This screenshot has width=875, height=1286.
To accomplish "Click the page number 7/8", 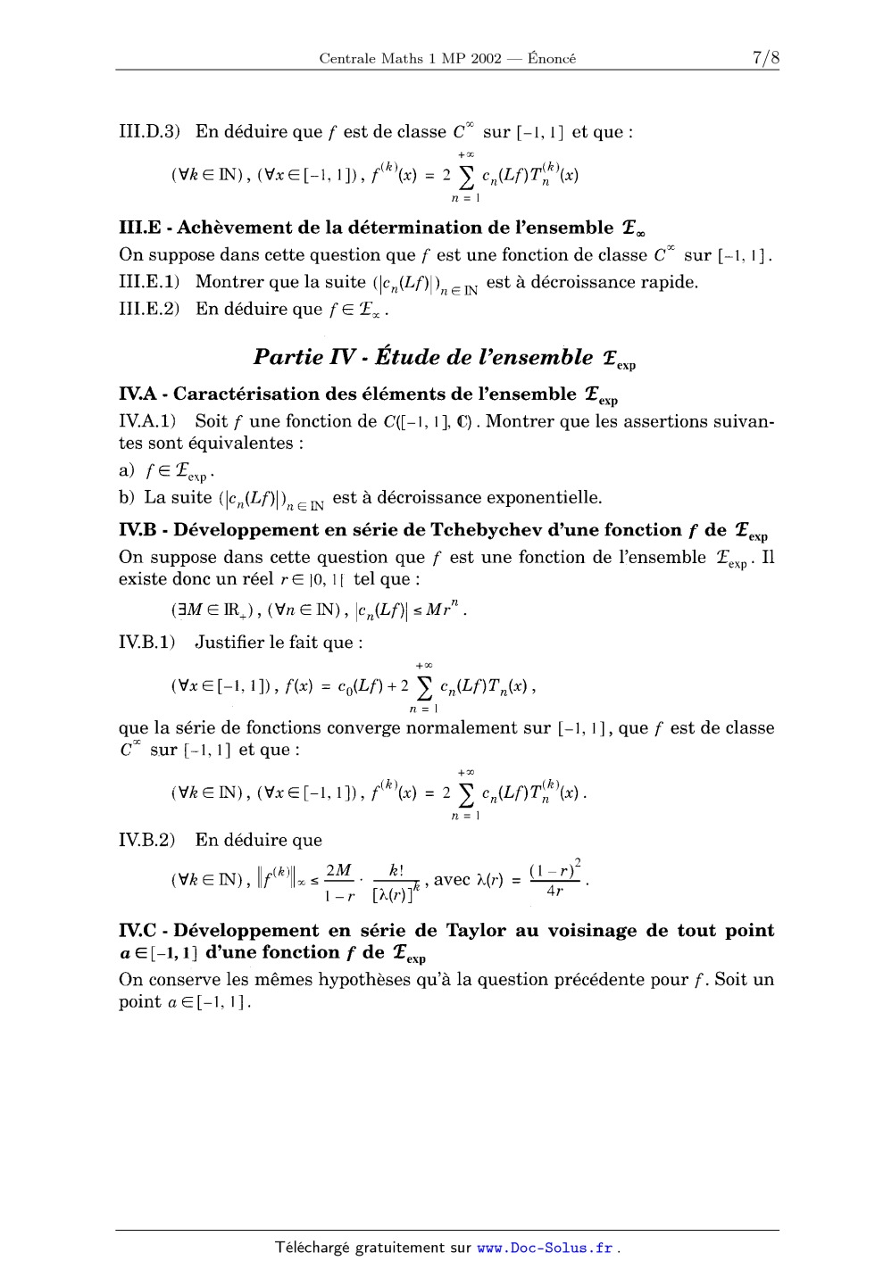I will (766, 59).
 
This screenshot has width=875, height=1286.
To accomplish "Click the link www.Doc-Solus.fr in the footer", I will (545, 1248).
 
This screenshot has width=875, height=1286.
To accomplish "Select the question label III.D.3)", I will (150, 132).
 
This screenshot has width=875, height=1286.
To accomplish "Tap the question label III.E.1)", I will (150, 282).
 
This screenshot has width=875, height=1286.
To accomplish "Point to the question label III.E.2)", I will (150, 309).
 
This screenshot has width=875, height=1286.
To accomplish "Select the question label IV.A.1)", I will (148, 421).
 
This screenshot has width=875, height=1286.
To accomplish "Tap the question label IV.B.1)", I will (148, 643).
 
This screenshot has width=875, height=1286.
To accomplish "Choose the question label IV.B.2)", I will (148, 840).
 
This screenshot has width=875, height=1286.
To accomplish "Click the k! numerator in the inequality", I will (397, 870).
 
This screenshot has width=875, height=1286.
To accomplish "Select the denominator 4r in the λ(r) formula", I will (555, 891).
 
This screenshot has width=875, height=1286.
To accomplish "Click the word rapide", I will (668, 282).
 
